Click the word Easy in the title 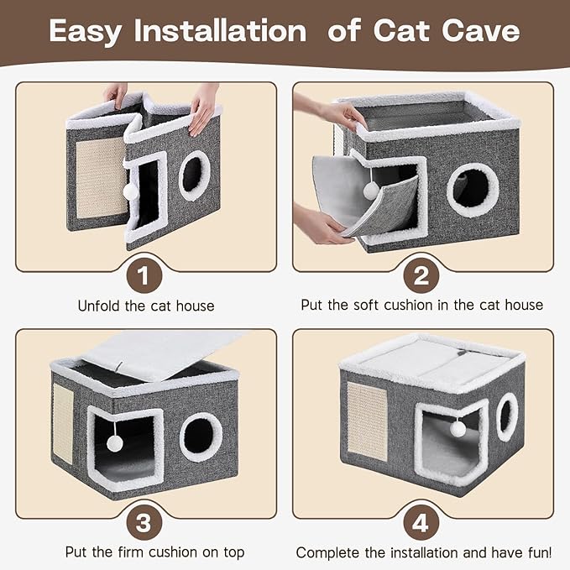click(x=87, y=31)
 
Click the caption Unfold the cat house click(x=146, y=306)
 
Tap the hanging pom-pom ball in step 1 click(x=130, y=191)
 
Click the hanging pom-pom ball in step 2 click(x=369, y=191)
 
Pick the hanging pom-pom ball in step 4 click(x=458, y=429)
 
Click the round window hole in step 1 click(x=194, y=175)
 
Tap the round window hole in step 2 click(x=473, y=190)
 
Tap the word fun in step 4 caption click(x=535, y=552)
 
